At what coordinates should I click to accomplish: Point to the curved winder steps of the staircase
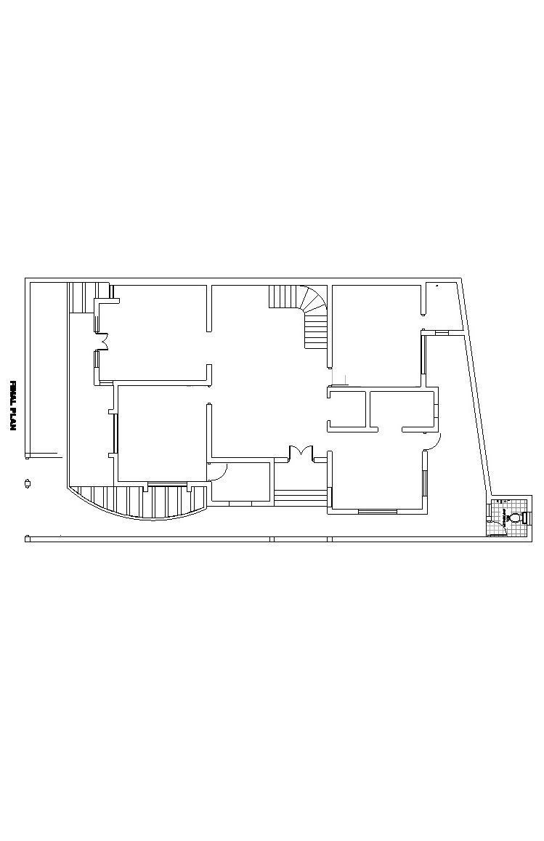click(314, 300)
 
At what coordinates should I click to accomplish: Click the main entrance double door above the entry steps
click(301, 454)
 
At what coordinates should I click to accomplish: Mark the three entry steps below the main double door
click(301, 498)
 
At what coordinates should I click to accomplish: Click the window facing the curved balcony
click(167, 485)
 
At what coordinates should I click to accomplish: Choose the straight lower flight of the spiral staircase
click(316, 331)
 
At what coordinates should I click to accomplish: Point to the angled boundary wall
click(476, 387)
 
